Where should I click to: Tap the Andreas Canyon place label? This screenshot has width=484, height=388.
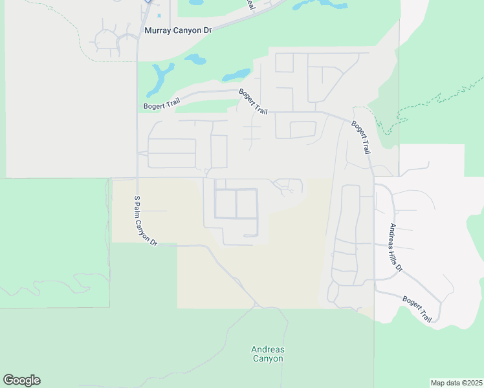pos(268,354)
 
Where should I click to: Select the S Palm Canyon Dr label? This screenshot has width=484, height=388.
pos(146,221)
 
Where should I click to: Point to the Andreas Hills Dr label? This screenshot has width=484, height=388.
pos(395,247)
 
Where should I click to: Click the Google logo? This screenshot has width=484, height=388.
pos(21,380)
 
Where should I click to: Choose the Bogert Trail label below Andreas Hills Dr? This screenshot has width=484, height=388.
pos(417,309)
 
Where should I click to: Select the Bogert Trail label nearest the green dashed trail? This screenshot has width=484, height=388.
pos(361,137)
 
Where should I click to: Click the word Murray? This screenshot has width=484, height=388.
pos(158,30)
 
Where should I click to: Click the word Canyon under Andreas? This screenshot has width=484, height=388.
pos(268,359)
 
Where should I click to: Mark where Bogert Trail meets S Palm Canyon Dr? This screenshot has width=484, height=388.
pos(137,109)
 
